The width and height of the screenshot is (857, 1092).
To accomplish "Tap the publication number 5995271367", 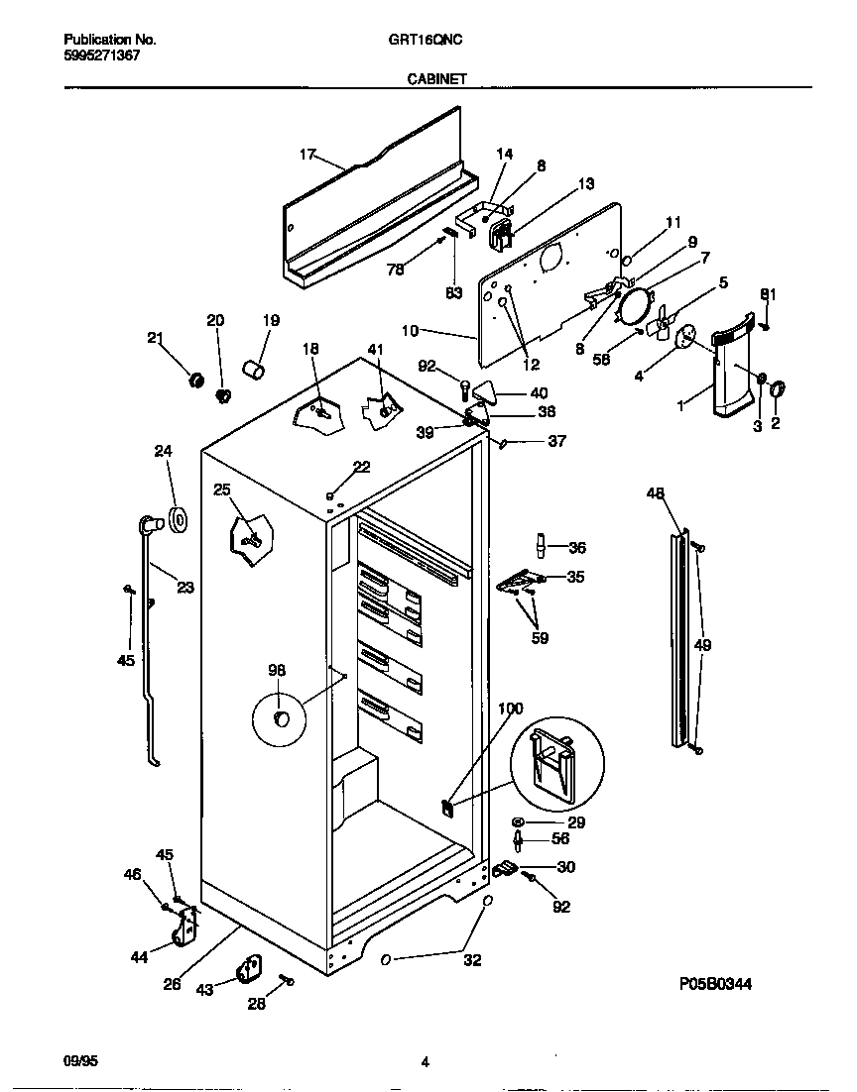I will click(x=101, y=56).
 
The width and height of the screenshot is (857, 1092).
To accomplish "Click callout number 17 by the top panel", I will click(x=307, y=155).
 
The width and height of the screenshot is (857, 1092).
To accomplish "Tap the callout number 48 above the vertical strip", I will click(x=656, y=493).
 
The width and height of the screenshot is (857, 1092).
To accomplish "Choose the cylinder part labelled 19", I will click(x=256, y=372).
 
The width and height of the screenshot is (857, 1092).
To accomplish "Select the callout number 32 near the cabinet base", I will click(x=472, y=959).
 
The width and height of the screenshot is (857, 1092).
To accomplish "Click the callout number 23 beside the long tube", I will click(x=184, y=587).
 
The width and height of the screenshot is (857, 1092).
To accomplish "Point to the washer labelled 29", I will click(x=519, y=822).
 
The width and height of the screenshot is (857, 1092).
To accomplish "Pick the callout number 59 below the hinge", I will click(x=540, y=638).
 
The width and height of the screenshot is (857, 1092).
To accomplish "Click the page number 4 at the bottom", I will click(x=425, y=1063).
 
